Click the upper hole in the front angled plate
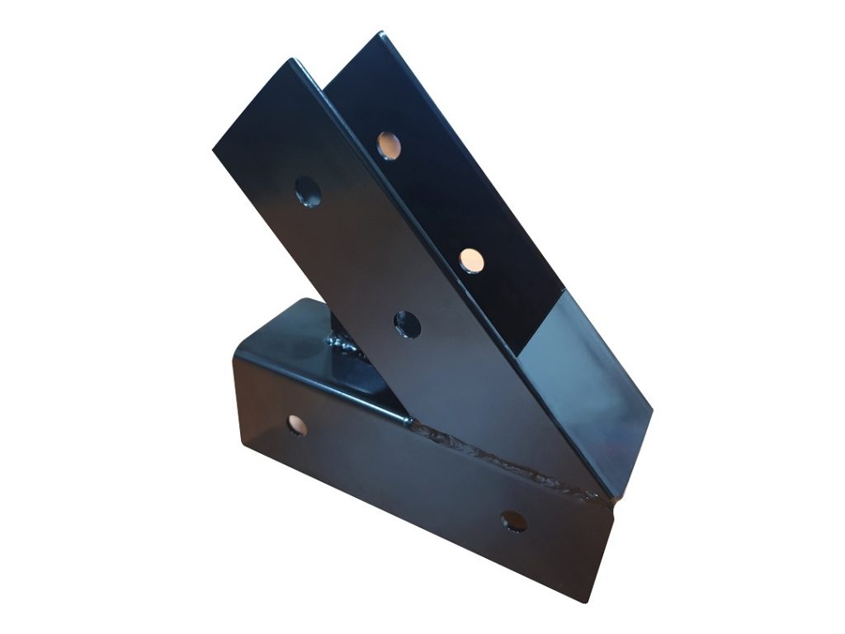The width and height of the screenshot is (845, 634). coord(309,191)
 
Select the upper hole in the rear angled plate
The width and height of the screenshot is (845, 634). coord(388,145)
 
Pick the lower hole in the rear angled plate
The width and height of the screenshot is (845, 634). coord(473,259)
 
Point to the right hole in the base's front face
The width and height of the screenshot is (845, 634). coord(514,521)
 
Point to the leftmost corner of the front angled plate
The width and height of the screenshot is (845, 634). coord(214,151)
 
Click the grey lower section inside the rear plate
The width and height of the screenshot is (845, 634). coord(578,363)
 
